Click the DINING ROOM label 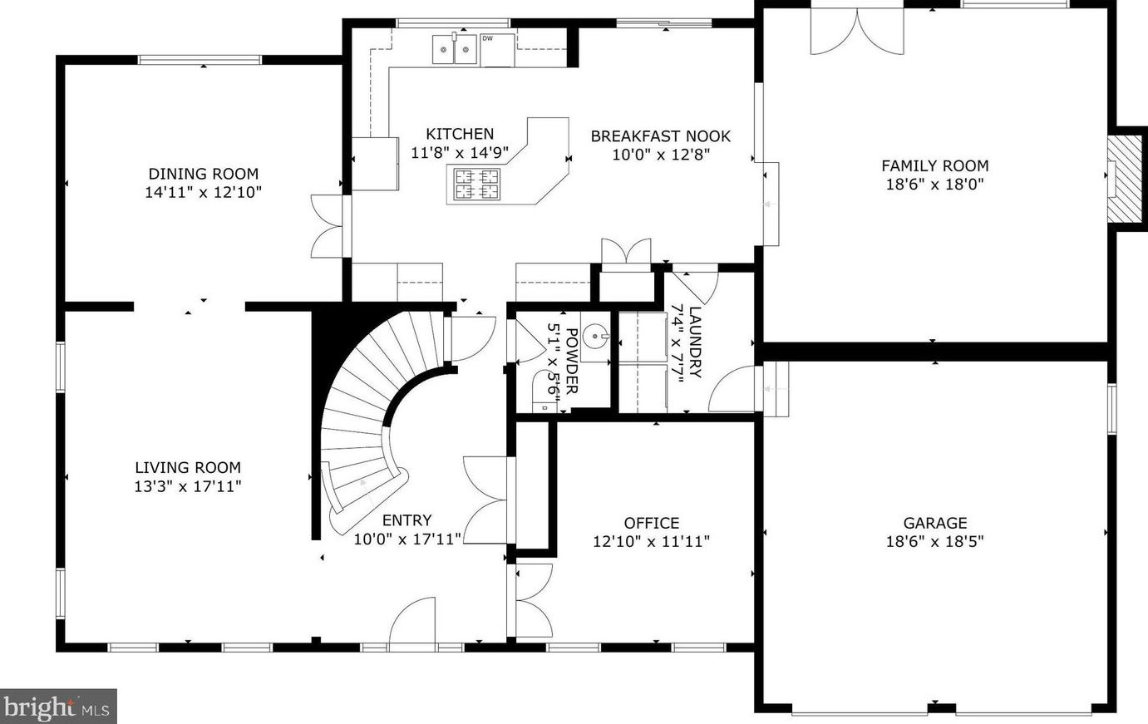[x=204, y=174]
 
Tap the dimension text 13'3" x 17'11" [x=188, y=486]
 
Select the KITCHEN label [x=460, y=134]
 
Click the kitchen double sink [x=455, y=50]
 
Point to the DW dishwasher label [x=487, y=38]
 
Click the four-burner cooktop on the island [x=477, y=184]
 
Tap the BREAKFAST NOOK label [x=661, y=136]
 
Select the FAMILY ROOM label [x=935, y=165]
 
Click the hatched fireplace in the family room [x=1125, y=179]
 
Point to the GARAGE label [x=935, y=523]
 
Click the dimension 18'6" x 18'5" [x=935, y=541]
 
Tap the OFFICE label [x=652, y=523]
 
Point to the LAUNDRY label [x=694, y=342]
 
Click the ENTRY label [x=407, y=520]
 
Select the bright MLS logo [x=58, y=707]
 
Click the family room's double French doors [x=857, y=31]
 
